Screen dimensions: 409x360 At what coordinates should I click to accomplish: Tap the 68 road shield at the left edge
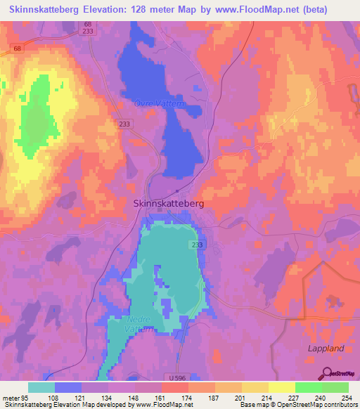pyautogui.click(x=15, y=48)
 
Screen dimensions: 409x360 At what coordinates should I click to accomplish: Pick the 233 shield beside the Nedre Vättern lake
pyautogui.click(x=197, y=244)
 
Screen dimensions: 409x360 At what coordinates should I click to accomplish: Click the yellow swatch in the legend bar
pyautogui.click(x=281, y=387)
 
